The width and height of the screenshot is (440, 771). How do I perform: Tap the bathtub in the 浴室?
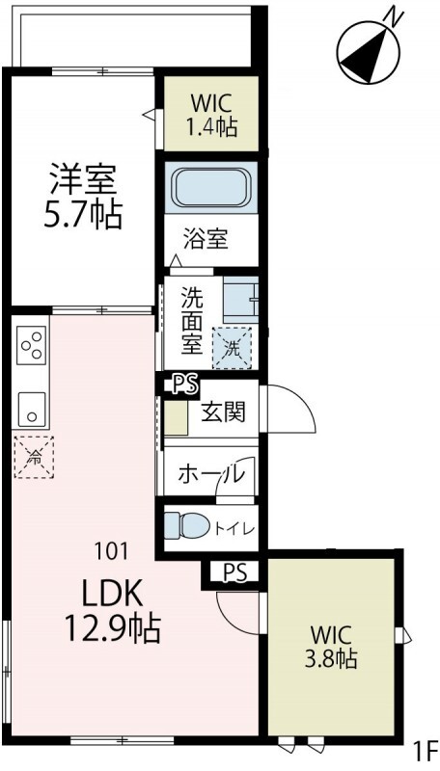point(209,187)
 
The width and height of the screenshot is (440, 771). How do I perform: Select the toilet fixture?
point(187,525)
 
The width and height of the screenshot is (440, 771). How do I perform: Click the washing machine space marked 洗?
point(232,345)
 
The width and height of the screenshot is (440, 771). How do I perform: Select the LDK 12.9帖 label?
point(112,612)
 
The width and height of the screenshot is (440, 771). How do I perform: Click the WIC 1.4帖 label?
point(210,114)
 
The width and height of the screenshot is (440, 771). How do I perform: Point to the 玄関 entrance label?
point(223,412)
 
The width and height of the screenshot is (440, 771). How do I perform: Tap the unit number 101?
point(111,551)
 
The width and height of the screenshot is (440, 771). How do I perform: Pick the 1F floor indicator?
point(425,749)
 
